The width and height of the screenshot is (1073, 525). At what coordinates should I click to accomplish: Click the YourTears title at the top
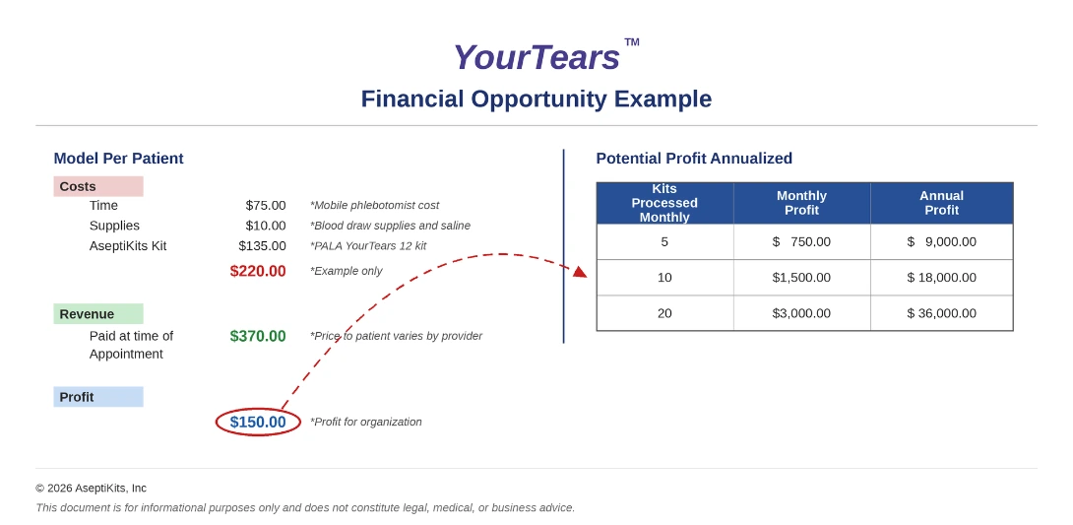[536, 57]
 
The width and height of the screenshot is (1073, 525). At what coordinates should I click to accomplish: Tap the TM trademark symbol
[632, 41]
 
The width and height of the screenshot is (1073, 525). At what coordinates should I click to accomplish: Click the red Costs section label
[97, 186]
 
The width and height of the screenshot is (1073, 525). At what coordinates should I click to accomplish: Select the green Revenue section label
[97, 314]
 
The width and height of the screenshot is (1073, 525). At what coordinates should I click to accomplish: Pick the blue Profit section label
[97, 397]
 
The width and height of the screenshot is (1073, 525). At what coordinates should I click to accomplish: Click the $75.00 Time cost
[266, 205]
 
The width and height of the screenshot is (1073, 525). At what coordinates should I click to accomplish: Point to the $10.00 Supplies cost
[266, 226]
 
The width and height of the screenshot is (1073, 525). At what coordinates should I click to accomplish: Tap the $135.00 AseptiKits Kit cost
[262, 245]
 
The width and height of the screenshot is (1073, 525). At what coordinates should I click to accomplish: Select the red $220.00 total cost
[258, 271]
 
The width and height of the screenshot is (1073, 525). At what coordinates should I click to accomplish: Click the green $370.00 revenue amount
[258, 336]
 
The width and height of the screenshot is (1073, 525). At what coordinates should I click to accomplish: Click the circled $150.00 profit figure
[258, 423]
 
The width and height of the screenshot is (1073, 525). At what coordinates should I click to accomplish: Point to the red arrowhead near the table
[580, 272]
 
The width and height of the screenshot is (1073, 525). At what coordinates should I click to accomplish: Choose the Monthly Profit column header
[801, 203]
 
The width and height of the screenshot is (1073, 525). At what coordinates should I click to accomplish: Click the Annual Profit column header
[942, 203]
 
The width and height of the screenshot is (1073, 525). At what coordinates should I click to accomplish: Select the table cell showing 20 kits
[664, 313]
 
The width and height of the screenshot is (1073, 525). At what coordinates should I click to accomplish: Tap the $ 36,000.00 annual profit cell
[942, 313]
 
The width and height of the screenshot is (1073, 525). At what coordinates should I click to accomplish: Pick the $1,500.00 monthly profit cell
[801, 277]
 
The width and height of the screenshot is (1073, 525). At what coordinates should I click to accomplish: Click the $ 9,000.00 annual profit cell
[942, 241]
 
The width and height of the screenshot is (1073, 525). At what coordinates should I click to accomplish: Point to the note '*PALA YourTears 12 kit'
[368, 245]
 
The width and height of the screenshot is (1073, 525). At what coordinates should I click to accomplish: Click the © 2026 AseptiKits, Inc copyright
[91, 488]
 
